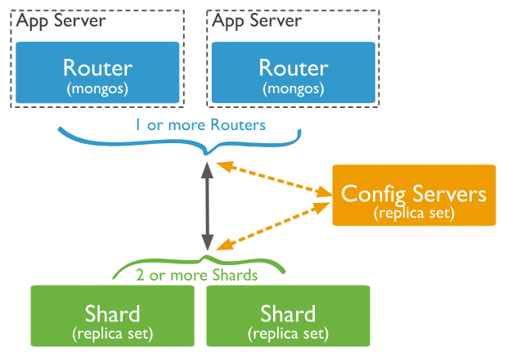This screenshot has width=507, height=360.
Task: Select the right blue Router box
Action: pyautogui.click(x=294, y=72)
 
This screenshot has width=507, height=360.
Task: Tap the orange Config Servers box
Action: pyautogui.click(x=414, y=195)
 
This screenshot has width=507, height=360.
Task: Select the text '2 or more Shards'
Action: pyautogui.click(x=197, y=274)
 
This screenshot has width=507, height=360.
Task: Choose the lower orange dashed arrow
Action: pyautogui.click(x=272, y=225)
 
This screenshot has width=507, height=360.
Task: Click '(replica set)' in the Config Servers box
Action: pyautogui.click(x=414, y=212)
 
